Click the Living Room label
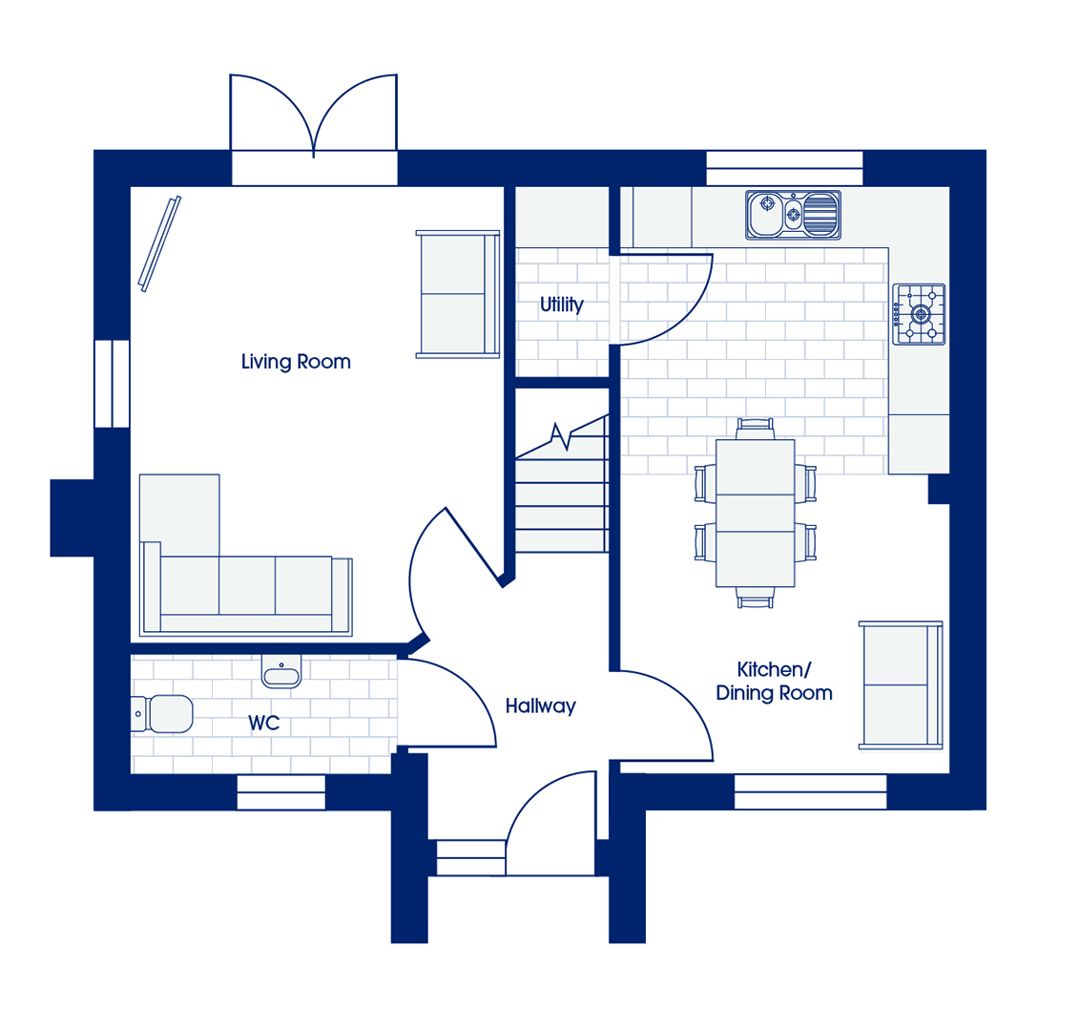point(296,362)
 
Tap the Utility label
point(562,305)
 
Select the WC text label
point(264,724)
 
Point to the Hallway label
point(541,705)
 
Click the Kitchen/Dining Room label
point(774,682)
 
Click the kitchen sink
point(793,215)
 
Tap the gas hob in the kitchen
point(919,314)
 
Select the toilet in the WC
point(162,713)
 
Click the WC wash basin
point(281,671)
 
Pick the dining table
point(755,513)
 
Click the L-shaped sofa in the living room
point(245,555)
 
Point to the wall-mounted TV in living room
point(159,243)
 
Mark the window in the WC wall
point(280,792)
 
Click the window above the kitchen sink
point(784,168)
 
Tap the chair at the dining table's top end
point(755,429)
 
